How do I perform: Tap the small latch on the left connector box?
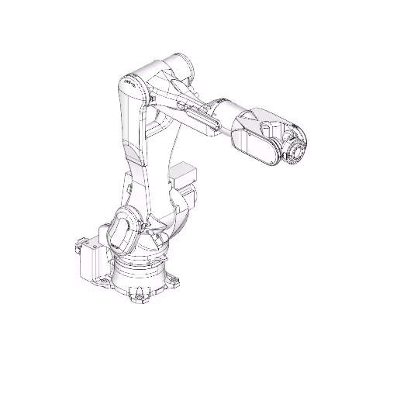point(78,248)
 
